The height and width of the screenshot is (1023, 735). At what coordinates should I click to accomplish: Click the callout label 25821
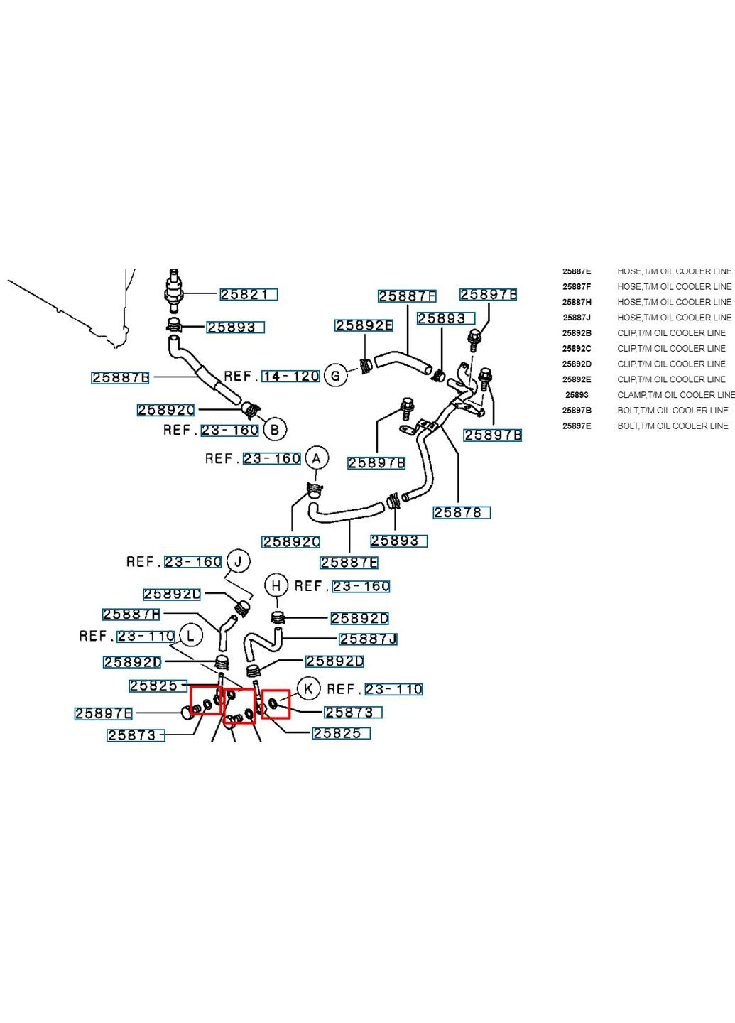[x=248, y=294]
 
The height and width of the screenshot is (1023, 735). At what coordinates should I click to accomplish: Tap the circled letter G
[x=335, y=375]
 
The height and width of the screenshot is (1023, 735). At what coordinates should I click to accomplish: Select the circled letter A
[x=317, y=458]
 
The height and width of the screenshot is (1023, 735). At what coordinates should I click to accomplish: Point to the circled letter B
[x=274, y=429]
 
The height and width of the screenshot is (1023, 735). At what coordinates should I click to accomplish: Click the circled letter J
[x=239, y=561]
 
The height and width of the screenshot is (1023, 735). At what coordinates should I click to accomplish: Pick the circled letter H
[x=276, y=586]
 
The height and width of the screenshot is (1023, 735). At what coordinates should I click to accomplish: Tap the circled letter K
[x=308, y=688]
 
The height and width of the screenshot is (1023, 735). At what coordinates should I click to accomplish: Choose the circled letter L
[x=190, y=635]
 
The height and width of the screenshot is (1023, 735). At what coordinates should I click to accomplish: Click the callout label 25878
[x=462, y=512]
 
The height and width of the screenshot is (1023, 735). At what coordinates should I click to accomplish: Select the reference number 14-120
[x=290, y=376]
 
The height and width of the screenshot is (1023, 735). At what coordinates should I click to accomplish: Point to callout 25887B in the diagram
[x=120, y=377]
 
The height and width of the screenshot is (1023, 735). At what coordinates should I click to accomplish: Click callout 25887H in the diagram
[x=131, y=614]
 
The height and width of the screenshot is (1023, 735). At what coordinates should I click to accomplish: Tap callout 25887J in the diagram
[x=368, y=639]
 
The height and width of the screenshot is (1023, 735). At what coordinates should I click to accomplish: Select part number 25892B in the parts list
[x=577, y=333]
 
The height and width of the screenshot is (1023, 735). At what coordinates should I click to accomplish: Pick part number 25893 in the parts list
[x=577, y=395]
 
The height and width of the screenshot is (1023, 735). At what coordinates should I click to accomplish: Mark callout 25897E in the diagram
[x=104, y=713]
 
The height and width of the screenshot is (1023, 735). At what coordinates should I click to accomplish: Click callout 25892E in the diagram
[x=364, y=325]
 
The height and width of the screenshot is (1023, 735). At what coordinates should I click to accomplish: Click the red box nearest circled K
[x=275, y=704]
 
